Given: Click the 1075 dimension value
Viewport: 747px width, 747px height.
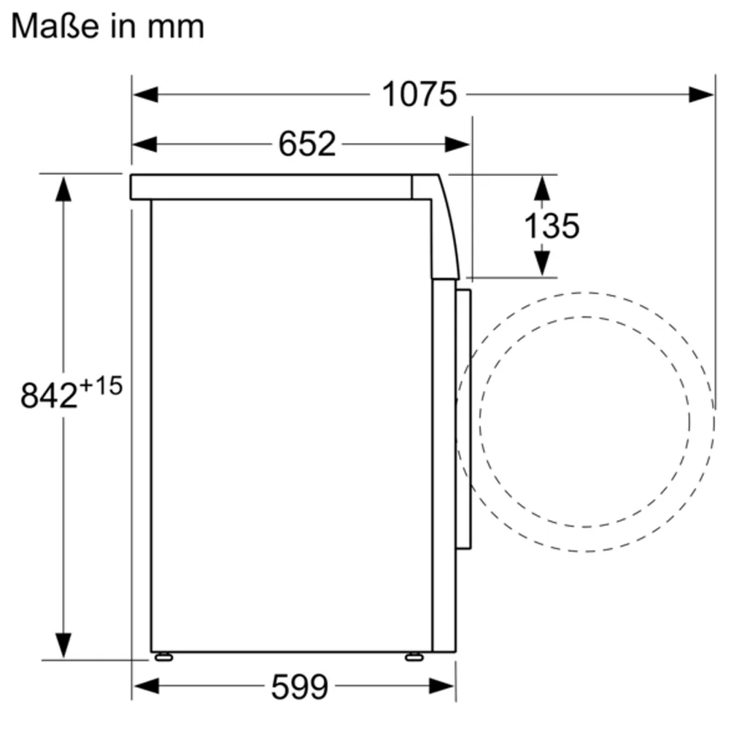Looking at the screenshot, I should tap(419, 94).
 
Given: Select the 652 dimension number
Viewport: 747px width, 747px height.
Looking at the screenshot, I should tap(306, 144).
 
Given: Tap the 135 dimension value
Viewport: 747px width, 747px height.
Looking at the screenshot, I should tap(551, 225).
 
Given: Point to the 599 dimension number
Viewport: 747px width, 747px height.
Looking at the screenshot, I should tap(300, 686).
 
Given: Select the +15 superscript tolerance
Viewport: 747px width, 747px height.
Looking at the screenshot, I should tap(100, 386).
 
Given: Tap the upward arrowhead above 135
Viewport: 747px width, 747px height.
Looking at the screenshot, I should tap(541, 187).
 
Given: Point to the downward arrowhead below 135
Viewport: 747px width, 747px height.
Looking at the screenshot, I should tap(541, 263).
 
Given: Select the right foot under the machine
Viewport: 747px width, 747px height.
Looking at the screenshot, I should tap(414, 657).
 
